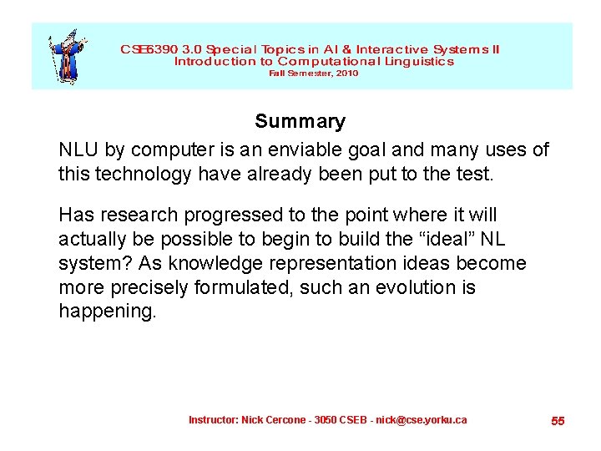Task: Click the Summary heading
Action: (300, 122)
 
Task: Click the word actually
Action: (92, 240)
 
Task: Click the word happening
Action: (106, 312)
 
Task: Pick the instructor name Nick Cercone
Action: (274, 419)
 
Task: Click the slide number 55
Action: (558, 421)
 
